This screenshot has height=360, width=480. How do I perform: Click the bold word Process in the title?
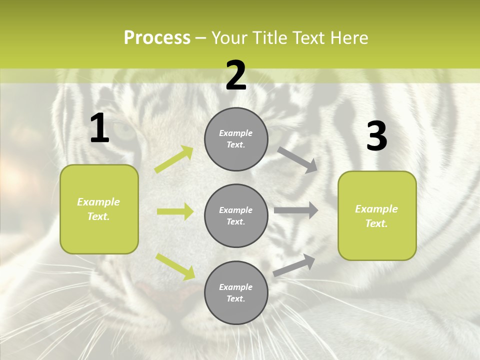(157, 38)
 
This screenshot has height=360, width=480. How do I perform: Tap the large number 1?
(99, 128)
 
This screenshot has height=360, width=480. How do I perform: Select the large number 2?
(236, 75)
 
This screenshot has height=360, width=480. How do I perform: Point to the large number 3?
(376, 136)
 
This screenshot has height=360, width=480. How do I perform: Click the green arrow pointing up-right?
(174, 159)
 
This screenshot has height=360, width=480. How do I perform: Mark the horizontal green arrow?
(175, 211)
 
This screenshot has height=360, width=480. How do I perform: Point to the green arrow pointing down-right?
(175, 266)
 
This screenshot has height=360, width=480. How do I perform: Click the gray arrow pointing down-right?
(297, 159)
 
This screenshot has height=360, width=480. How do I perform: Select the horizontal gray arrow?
(296, 210)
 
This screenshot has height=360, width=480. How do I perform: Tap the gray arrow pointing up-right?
(294, 265)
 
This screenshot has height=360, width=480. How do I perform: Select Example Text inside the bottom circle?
(236, 293)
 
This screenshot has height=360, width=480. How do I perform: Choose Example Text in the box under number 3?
(376, 216)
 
